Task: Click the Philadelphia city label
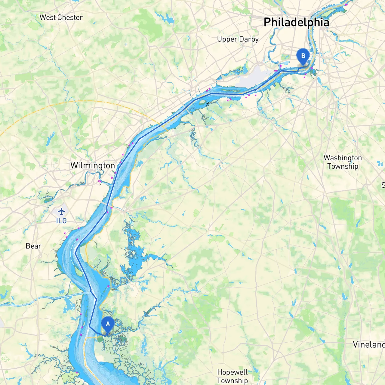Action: click(296, 23)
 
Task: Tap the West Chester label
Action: click(61, 17)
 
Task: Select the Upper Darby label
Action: click(238, 39)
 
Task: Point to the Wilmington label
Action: click(93, 165)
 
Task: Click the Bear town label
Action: click(33, 246)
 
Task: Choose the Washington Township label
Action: click(343, 162)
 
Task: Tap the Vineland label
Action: click(369, 345)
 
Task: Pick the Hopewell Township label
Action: click(233, 377)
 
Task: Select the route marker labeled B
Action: click(303, 56)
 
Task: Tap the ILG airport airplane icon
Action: click(61, 211)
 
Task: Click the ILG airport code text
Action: click(61, 221)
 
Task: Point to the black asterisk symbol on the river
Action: click(208, 104)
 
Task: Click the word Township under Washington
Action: click(343, 166)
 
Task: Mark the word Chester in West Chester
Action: click(70, 17)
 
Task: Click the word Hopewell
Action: click(233, 372)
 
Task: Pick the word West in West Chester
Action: click(48, 17)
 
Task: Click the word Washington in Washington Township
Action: click(343, 158)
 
